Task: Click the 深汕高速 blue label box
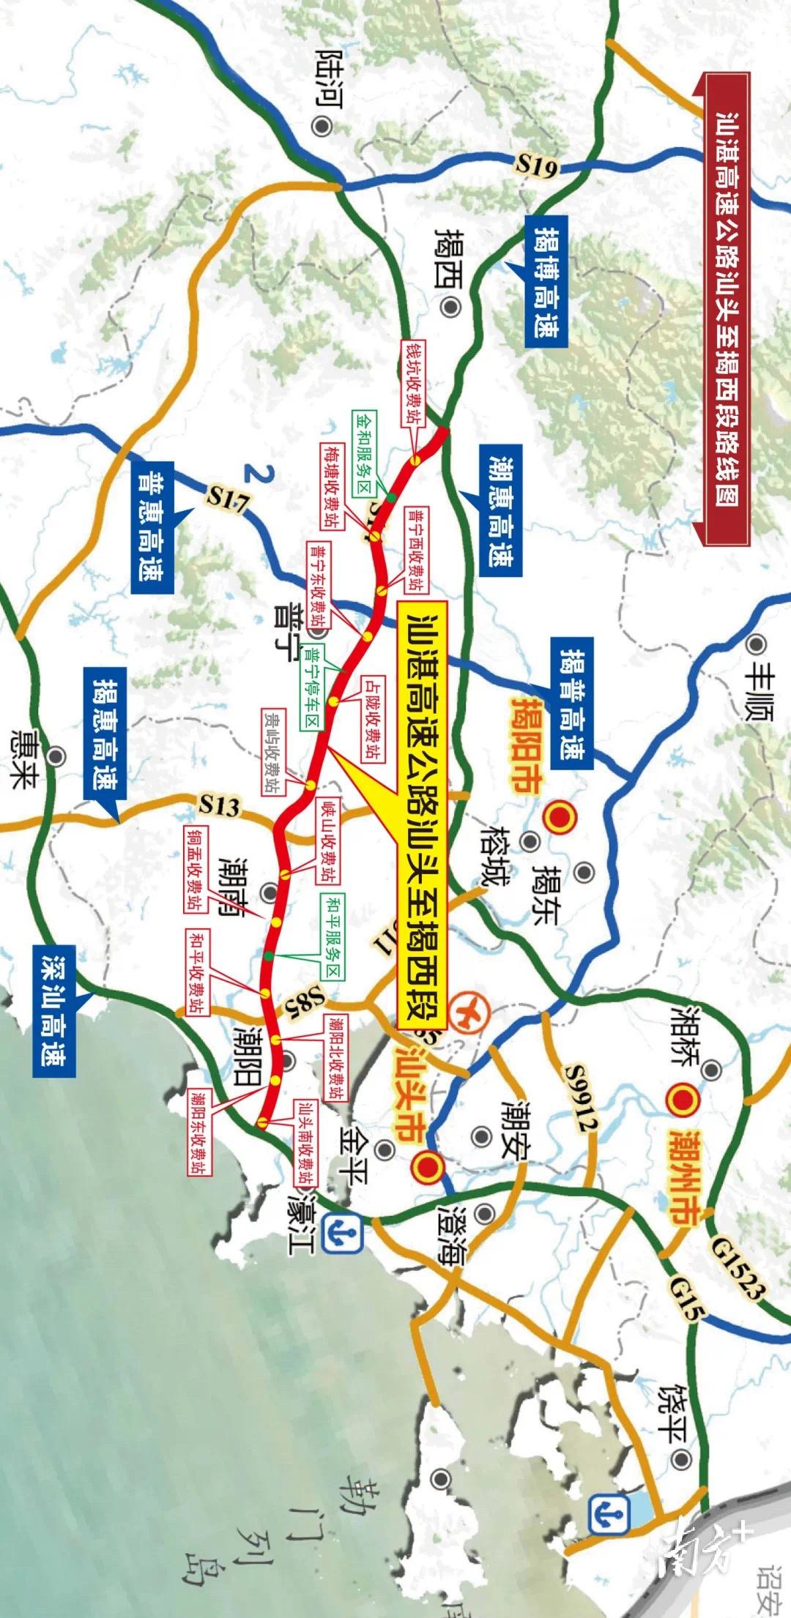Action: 54,1007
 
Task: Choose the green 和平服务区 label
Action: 333,938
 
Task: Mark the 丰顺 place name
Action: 759,693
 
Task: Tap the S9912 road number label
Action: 581,1098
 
